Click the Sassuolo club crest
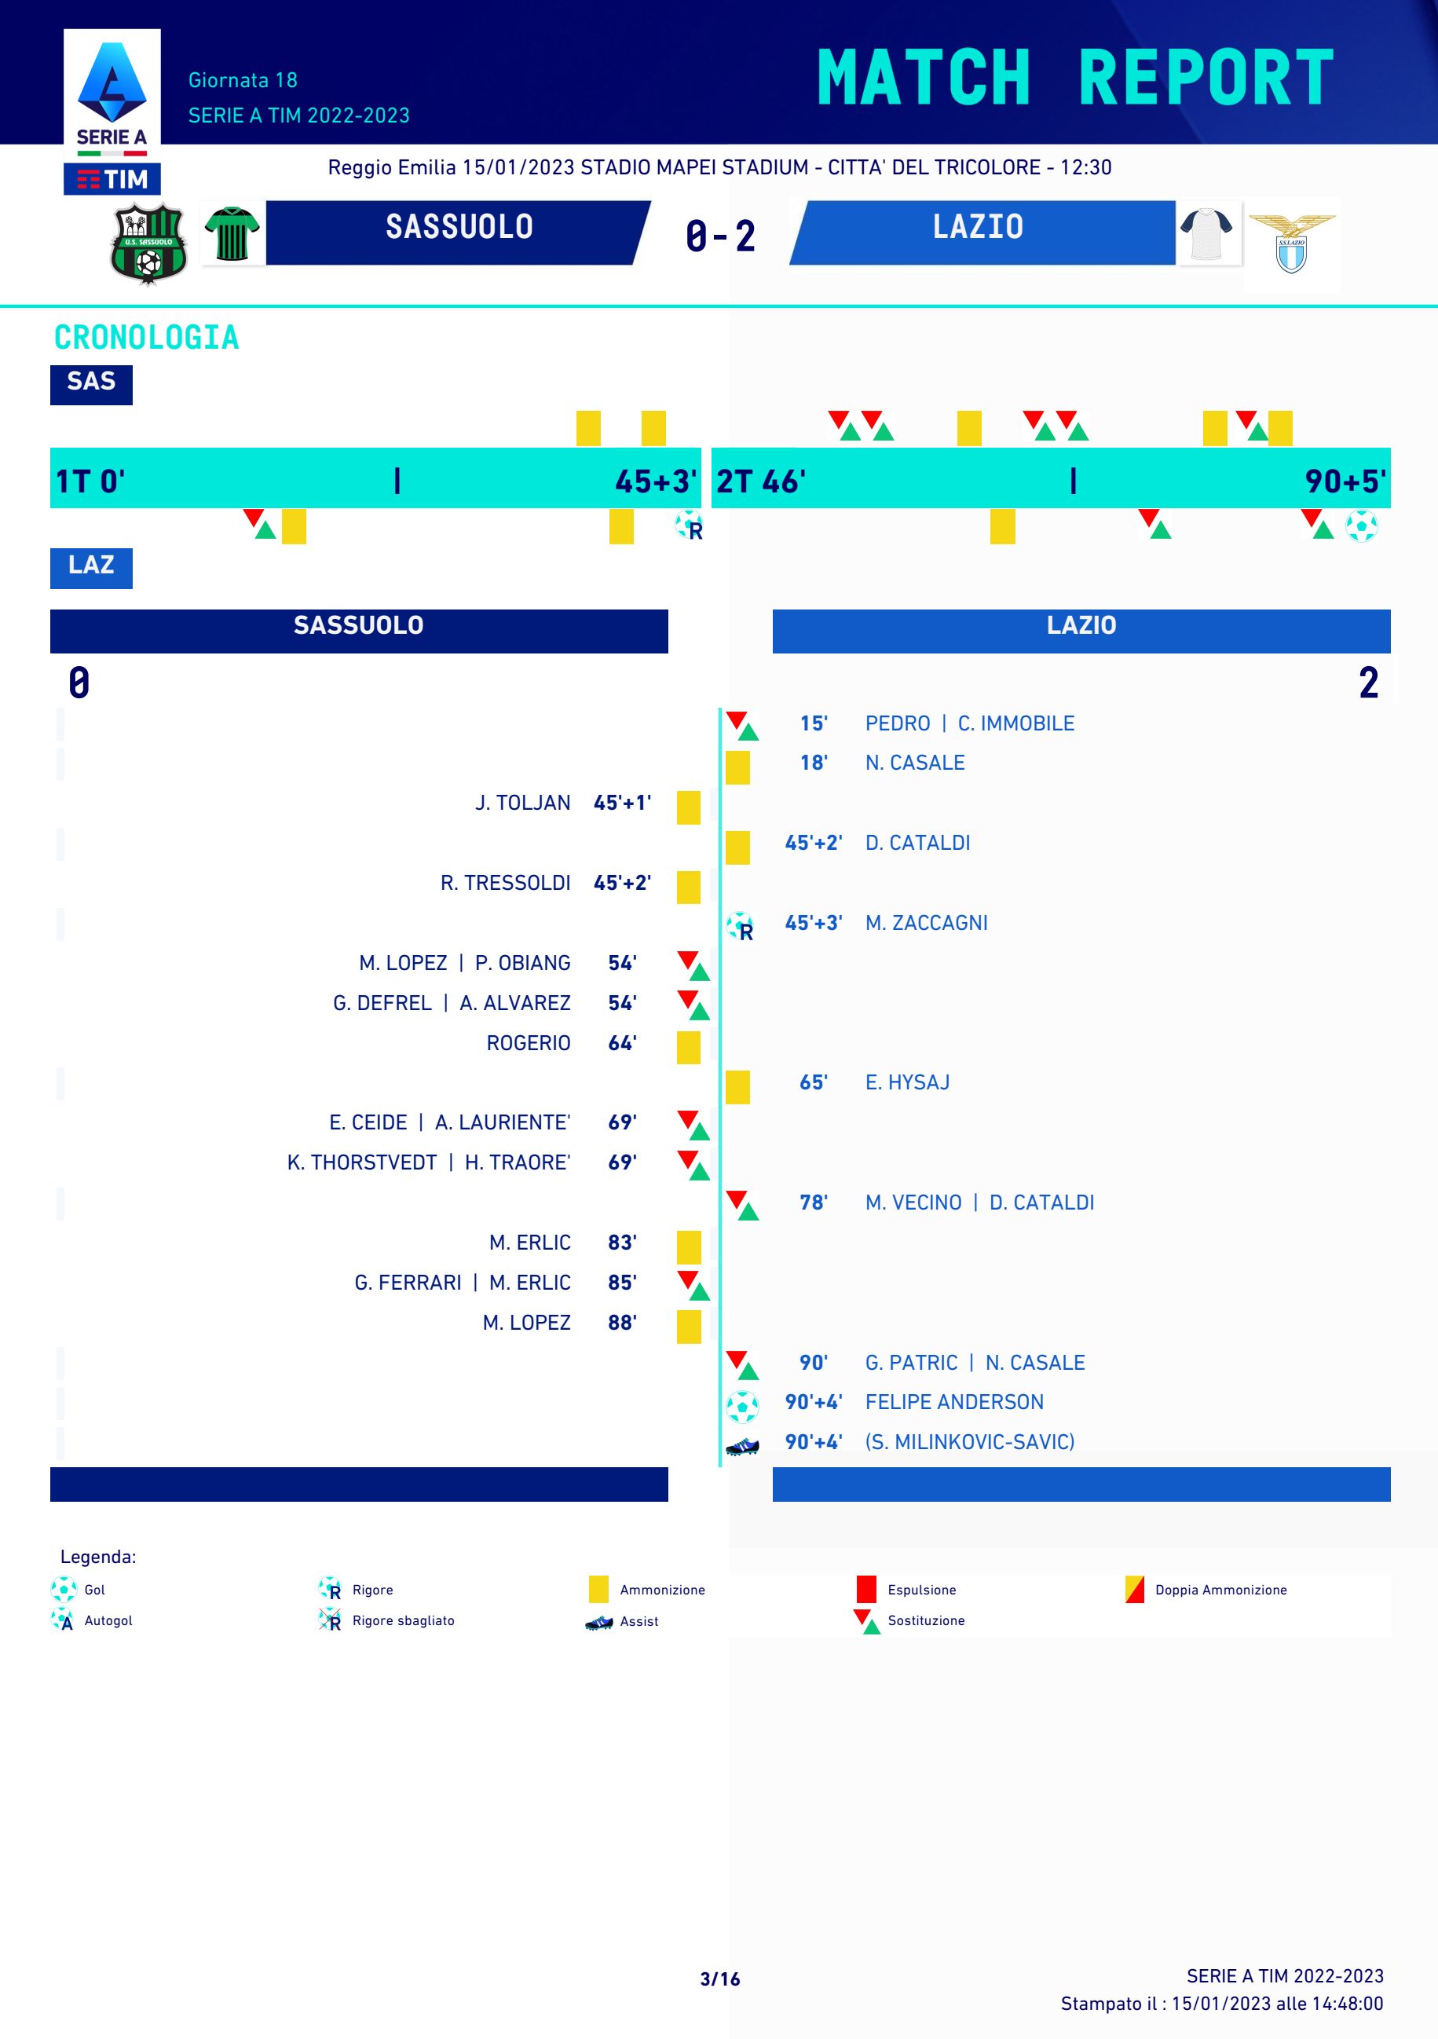148,243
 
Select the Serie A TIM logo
112,112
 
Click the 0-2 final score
719,236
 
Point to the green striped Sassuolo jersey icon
232,233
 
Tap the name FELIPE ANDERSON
954,1401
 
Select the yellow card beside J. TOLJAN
688,807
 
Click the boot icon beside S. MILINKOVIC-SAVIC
741,1445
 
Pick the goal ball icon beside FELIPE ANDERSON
741,1405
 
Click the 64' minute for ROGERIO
622,1042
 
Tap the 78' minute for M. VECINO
813,1203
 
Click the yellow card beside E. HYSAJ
737,1086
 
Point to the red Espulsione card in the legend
866,1590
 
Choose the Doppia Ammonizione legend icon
1134,1590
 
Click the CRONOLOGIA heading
147,338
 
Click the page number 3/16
719,1979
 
